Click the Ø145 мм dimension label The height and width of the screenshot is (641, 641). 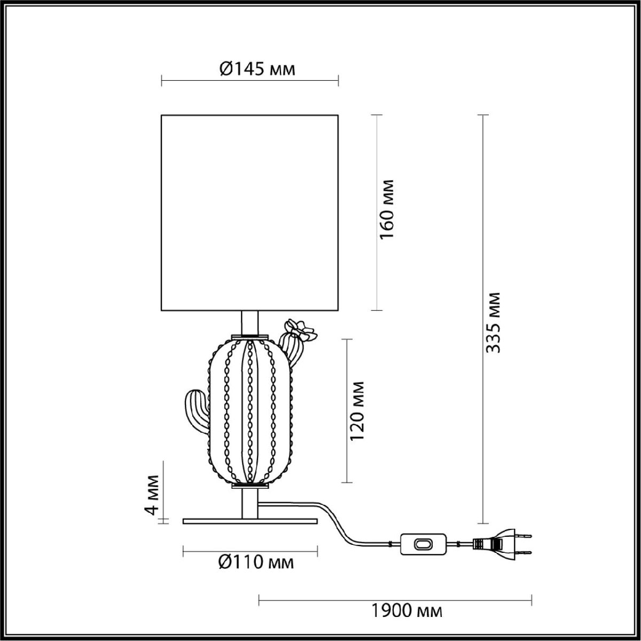click(257, 69)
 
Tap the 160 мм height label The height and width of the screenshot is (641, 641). click(387, 209)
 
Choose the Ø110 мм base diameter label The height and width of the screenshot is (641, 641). click(256, 562)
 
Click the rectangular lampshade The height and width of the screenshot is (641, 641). click(250, 212)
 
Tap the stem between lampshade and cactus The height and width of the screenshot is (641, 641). click(250, 323)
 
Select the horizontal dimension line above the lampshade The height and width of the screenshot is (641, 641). click(250, 81)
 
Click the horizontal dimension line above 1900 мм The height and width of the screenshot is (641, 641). click(395, 599)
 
